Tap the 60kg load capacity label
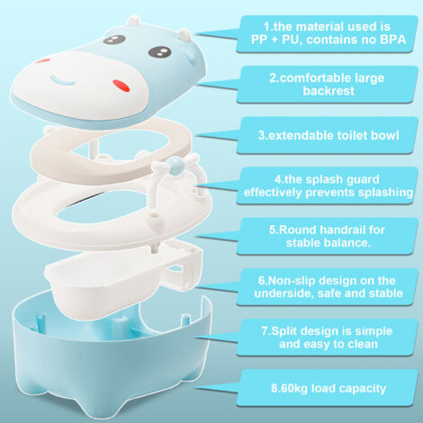coord(328,388)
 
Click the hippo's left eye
coord(113,40)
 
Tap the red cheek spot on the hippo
coord(122,85)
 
